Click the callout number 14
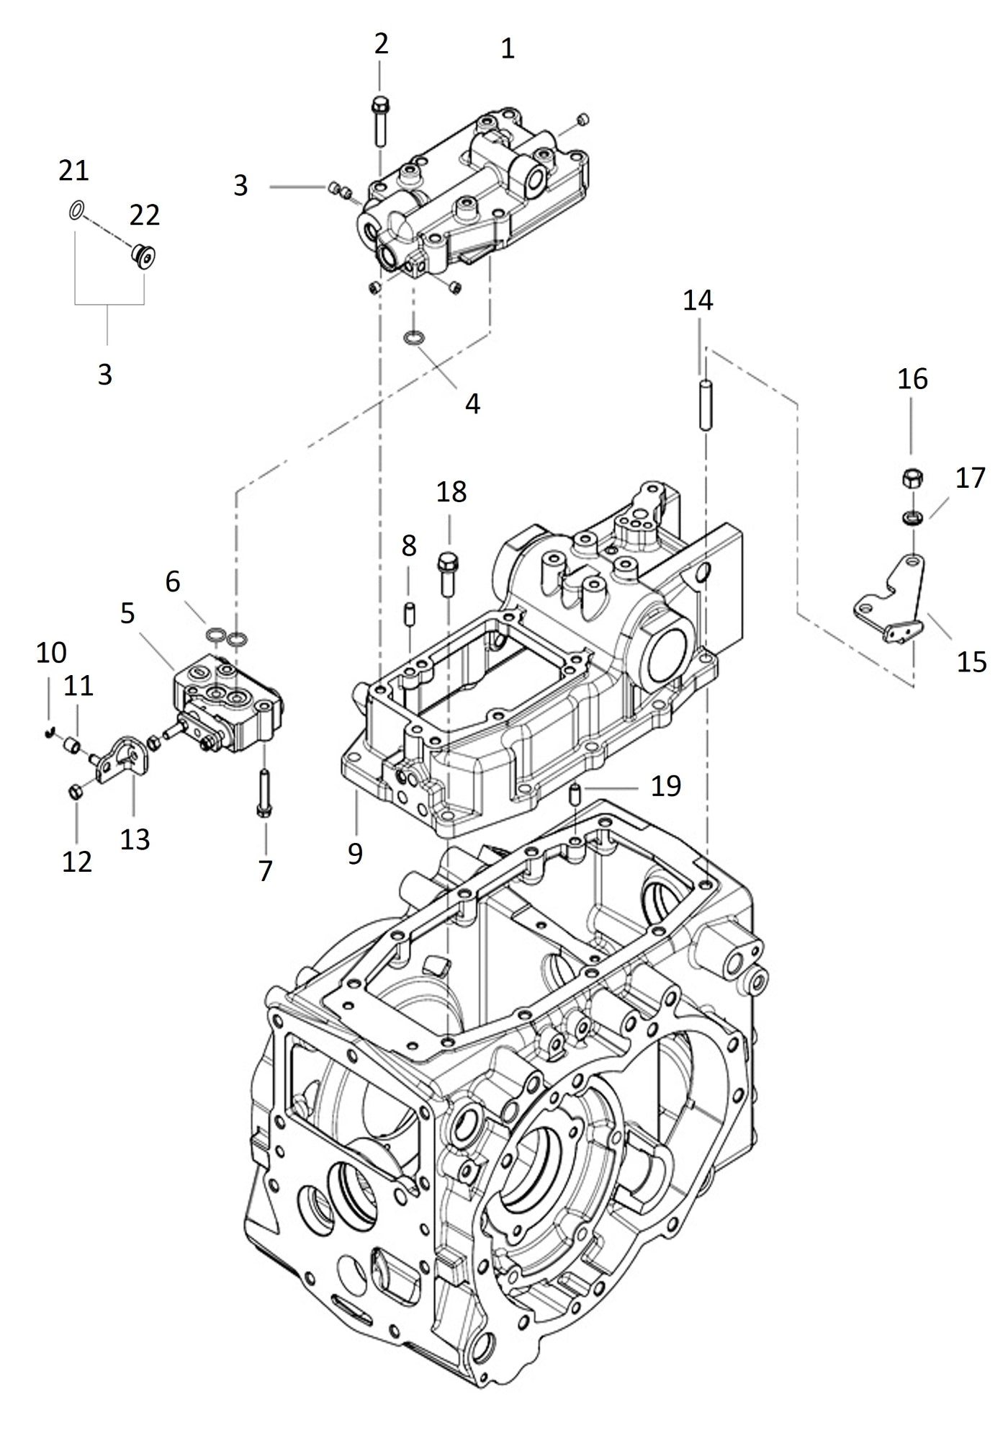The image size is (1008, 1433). [x=698, y=300]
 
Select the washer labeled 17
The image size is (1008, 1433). [x=914, y=517]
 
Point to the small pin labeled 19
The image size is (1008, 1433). [x=575, y=797]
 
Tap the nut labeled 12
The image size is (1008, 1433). [x=76, y=793]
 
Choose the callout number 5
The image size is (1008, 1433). [x=127, y=613]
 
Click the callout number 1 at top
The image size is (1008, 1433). [x=508, y=49]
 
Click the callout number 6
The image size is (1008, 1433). [x=173, y=581]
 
